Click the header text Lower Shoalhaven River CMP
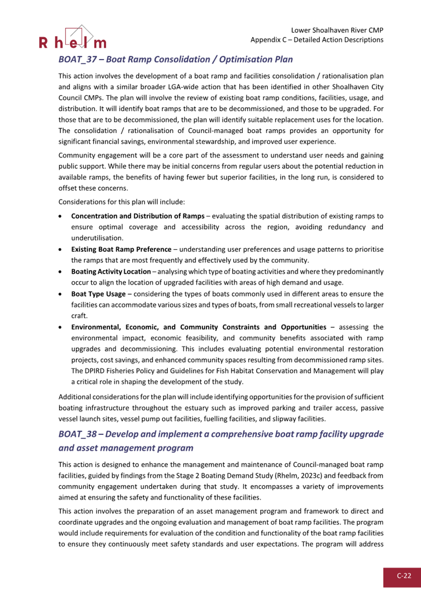pos(338,30)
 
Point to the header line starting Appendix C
pos(317,40)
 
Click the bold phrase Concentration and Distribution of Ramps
pos(137,216)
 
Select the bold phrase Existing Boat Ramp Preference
pos(124,249)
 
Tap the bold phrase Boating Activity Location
pos(111,272)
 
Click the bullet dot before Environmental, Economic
pos(60,327)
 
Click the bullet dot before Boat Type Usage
pos(60,294)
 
